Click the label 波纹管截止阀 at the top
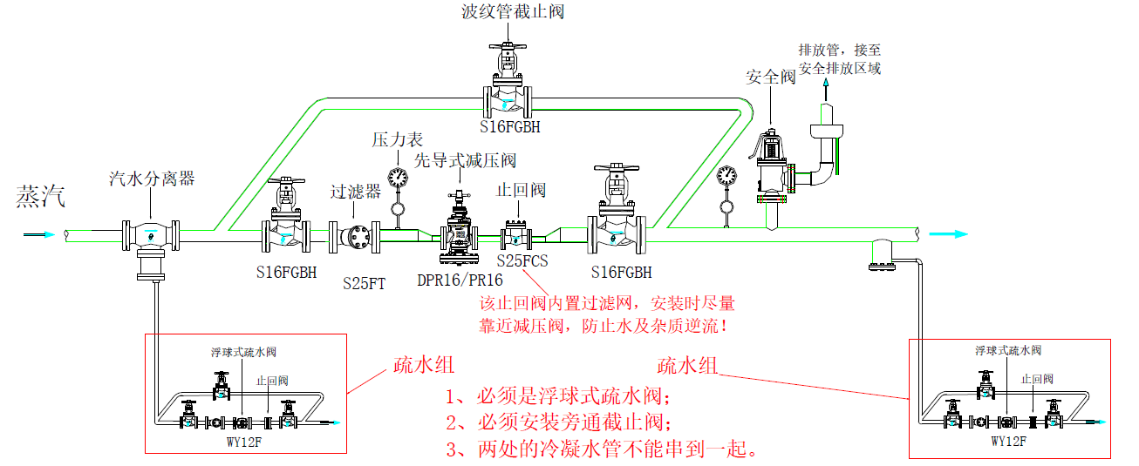pyautogui.click(x=510, y=12)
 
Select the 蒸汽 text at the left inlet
pyautogui.click(x=40, y=198)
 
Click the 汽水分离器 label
pyautogui.click(x=151, y=179)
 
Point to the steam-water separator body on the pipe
pyautogui.click(x=151, y=235)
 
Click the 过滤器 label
pyautogui.click(x=355, y=192)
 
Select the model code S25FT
pyautogui.click(x=365, y=283)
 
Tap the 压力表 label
pyautogui.click(x=397, y=139)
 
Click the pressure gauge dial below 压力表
pyautogui.click(x=398, y=178)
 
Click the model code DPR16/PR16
pyautogui.click(x=460, y=280)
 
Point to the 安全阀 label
pyautogui.click(x=770, y=78)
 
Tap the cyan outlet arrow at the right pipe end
pyautogui.click(x=949, y=233)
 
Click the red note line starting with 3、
pyautogui.click(x=601, y=450)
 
